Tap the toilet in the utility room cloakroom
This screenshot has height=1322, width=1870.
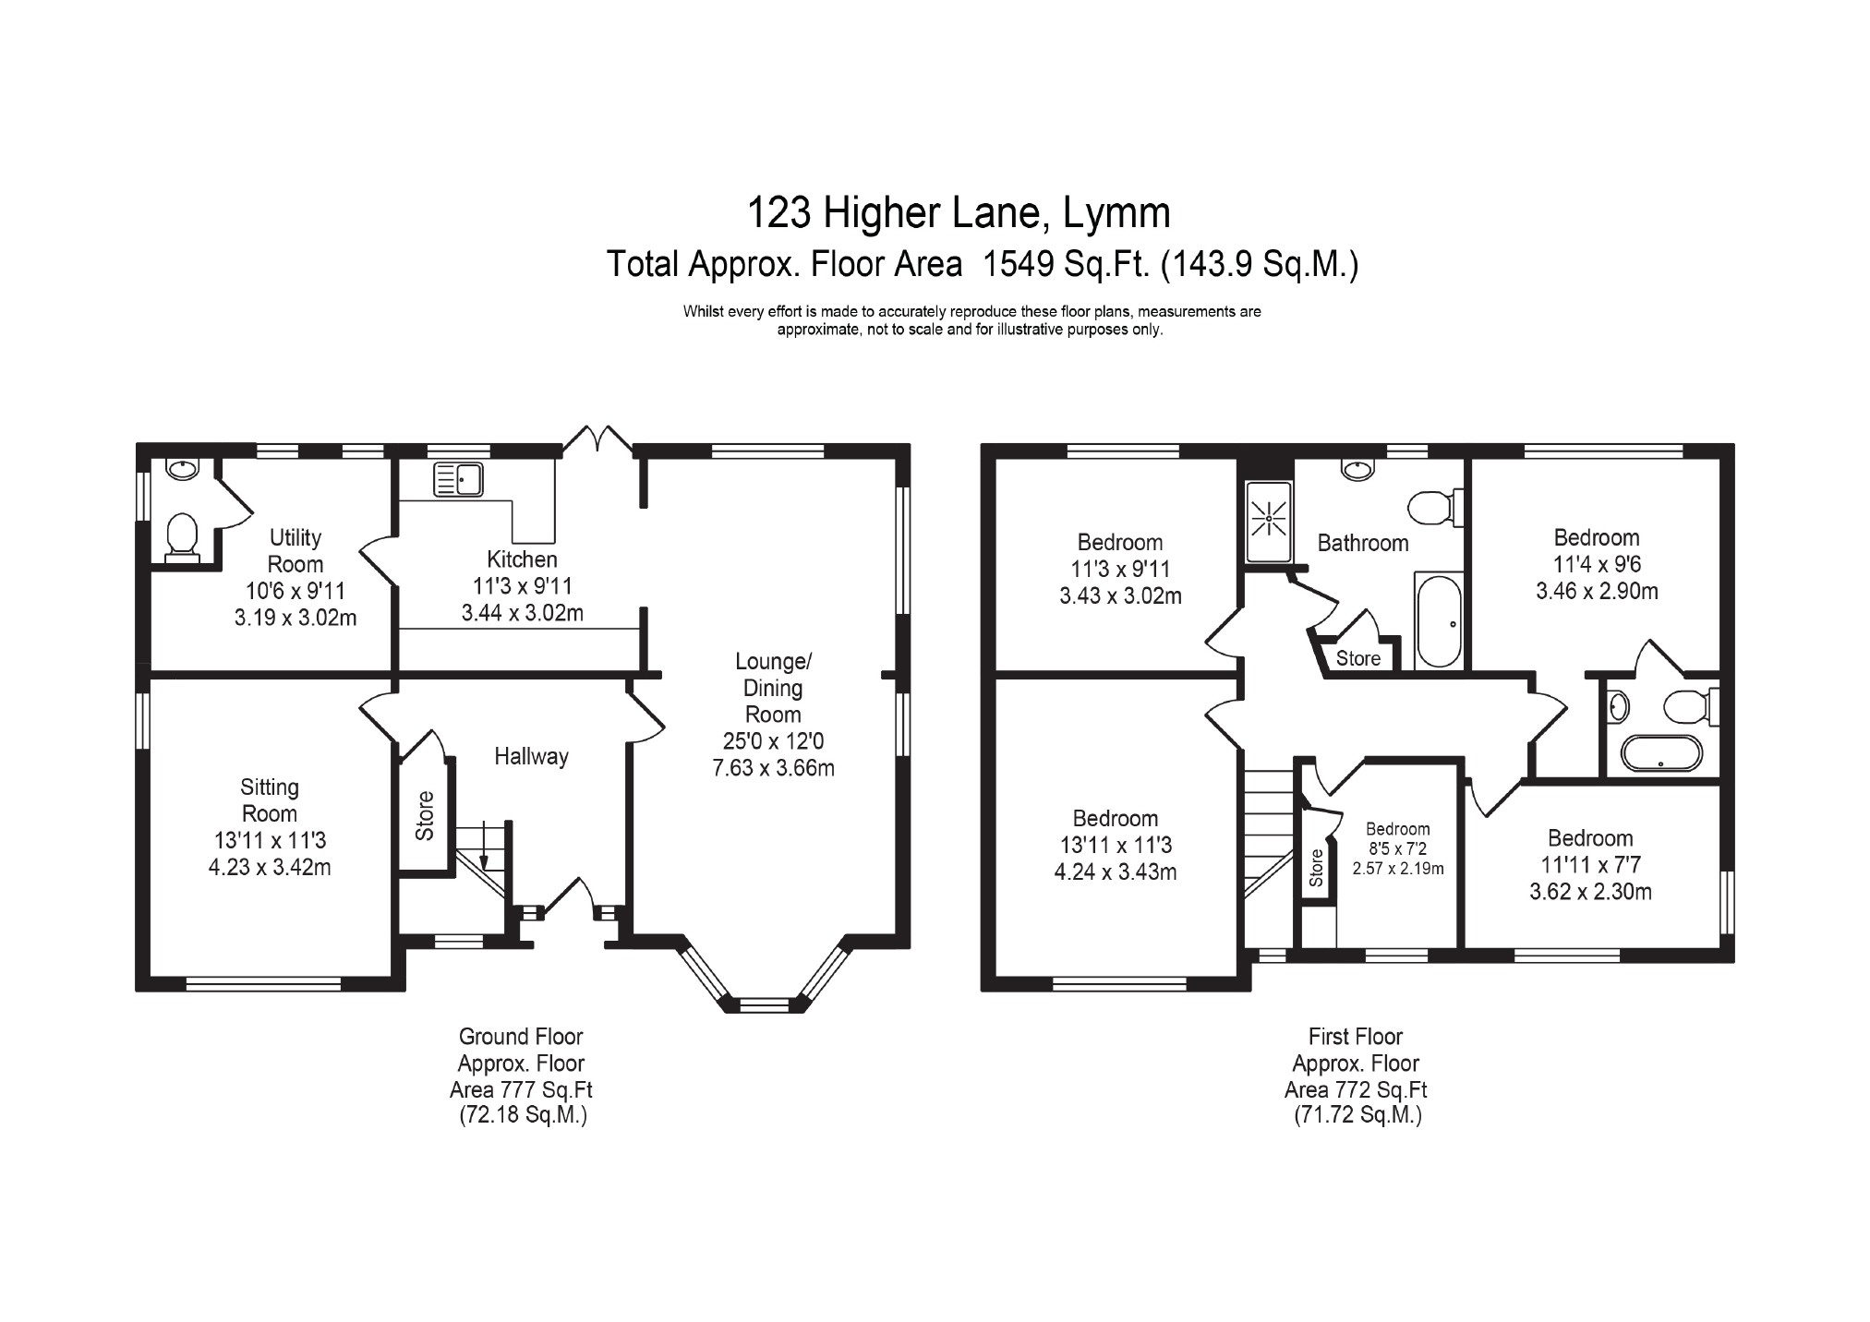[182, 538]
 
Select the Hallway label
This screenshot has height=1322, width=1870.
[531, 756]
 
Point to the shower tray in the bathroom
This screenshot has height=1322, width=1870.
[1269, 520]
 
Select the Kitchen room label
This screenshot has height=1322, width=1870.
[522, 559]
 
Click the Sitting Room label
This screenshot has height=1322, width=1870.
[270, 800]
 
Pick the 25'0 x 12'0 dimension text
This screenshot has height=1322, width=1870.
[774, 740]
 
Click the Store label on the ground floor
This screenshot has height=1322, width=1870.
[425, 816]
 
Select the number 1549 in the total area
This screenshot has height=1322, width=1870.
[1019, 265]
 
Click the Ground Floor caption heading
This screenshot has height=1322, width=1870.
[521, 1037]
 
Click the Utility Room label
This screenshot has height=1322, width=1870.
[296, 550]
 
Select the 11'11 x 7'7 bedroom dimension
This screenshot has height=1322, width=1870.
[1590, 865]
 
